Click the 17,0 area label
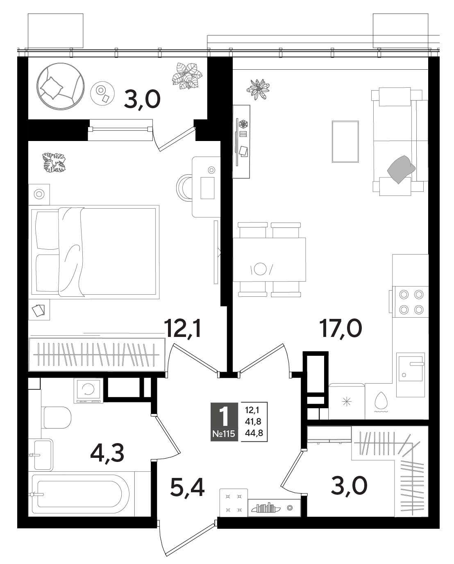(340, 329)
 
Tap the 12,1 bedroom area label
(182, 329)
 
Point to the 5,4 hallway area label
(187, 487)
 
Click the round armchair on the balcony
(61, 86)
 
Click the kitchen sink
(411, 370)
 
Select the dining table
(269, 259)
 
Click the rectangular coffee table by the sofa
(345, 141)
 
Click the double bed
(94, 252)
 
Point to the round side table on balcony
(102, 93)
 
